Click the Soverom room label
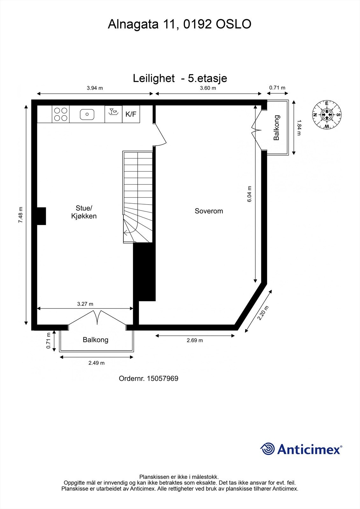[x=209, y=211]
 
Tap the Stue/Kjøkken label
[x=84, y=212]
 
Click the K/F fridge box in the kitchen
[x=131, y=114]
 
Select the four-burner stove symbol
[x=60, y=114]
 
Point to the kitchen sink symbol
[x=87, y=114]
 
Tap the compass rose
[x=326, y=115]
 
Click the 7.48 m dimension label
[x=21, y=215]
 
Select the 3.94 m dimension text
[x=95, y=88]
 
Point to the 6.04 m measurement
[x=250, y=194]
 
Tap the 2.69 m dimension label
[x=195, y=340]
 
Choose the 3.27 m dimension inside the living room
[x=85, y=304]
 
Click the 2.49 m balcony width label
[x=96, y=363]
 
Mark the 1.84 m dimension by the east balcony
[x=299, y=128]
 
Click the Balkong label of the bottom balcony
[x=95, y=340]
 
